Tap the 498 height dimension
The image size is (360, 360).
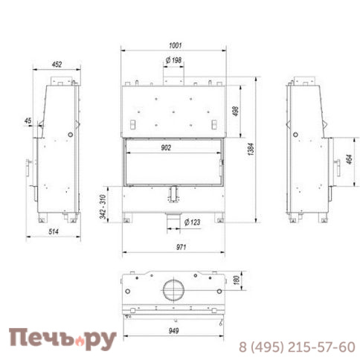(x=235, y=112)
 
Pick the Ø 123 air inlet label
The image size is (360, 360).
(x=192, y=221)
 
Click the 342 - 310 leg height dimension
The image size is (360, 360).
(x=104, y=205)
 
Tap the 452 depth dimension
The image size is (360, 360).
(x=56, y=65)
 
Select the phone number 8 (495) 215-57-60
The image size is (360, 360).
(x=297, y=347)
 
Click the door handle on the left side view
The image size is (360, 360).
(x=29, y=163)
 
